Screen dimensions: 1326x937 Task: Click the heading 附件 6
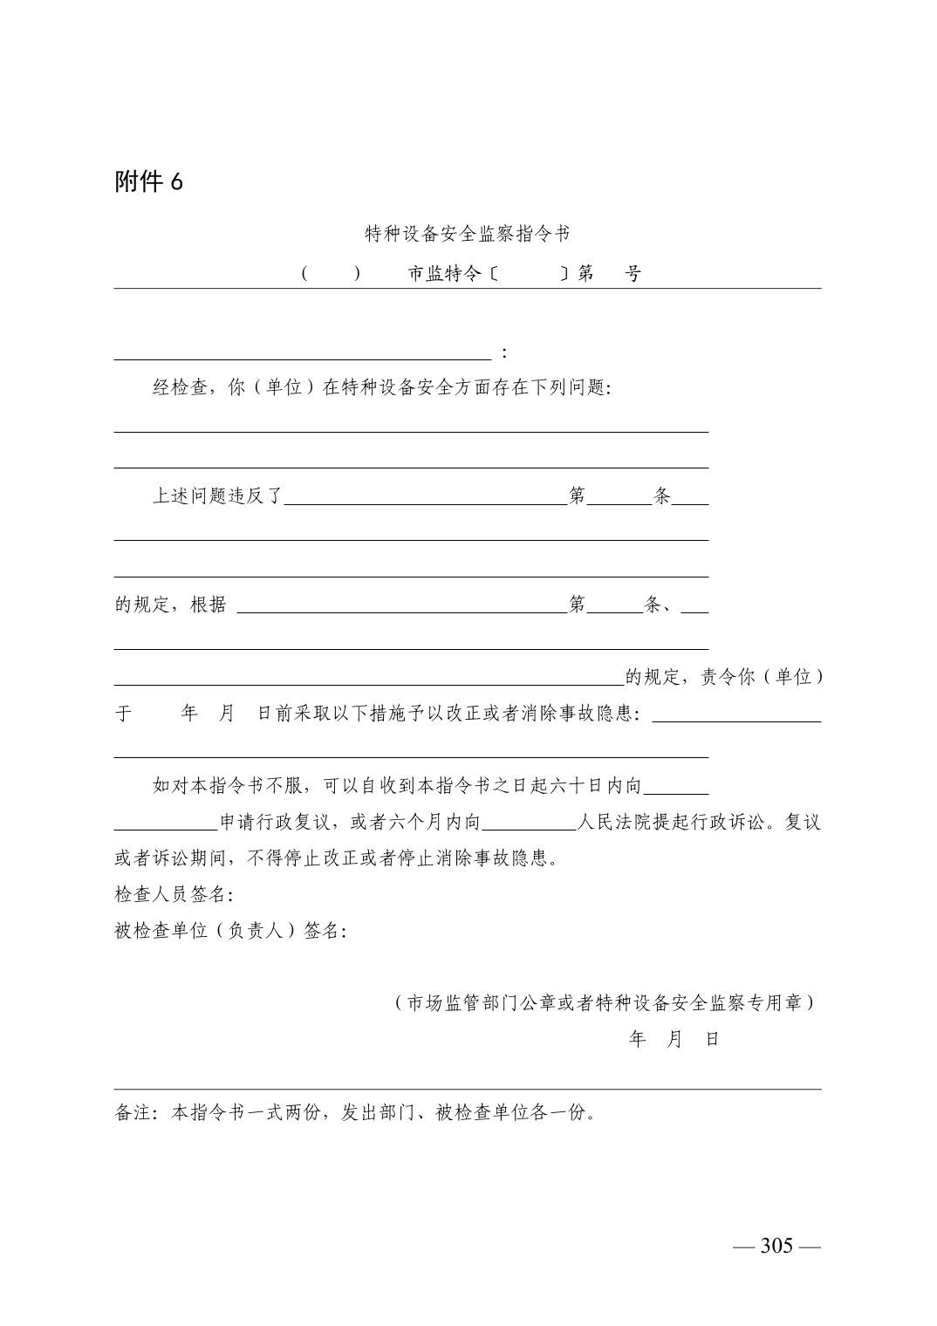pos(148,181)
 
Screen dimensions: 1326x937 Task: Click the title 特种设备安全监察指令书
pos(468,234)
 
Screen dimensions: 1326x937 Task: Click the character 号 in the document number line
pos(633,274)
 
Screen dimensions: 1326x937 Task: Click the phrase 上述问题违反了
pos(218,496)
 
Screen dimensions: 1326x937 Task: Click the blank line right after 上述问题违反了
pos(426,502)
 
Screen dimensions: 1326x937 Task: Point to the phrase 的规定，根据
pos(171,605)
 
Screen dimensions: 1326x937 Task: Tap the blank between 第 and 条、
pos(614,610)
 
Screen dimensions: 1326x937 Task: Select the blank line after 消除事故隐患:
pos(736,720)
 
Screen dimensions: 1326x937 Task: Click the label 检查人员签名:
pos(174,894)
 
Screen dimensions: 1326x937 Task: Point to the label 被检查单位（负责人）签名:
pos(230,931)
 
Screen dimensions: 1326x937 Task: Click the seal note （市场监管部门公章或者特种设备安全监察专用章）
pos(604,1003)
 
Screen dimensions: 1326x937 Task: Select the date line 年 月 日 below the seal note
pos(674,1040)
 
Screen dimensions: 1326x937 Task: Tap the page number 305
pos(776,1246)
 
